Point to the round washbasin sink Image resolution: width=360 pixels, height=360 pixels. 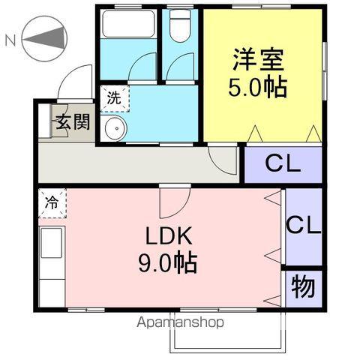pos(115,128)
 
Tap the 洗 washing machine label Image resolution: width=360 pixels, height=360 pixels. pos(114,97)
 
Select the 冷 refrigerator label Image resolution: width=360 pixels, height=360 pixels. pos(52,202)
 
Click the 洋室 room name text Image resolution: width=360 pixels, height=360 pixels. pos(256,58)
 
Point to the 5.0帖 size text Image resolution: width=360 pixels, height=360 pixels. pos(257,88)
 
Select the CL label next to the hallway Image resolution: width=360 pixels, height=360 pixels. pos(282,163)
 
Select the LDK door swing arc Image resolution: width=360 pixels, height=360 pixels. pos(172,201)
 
